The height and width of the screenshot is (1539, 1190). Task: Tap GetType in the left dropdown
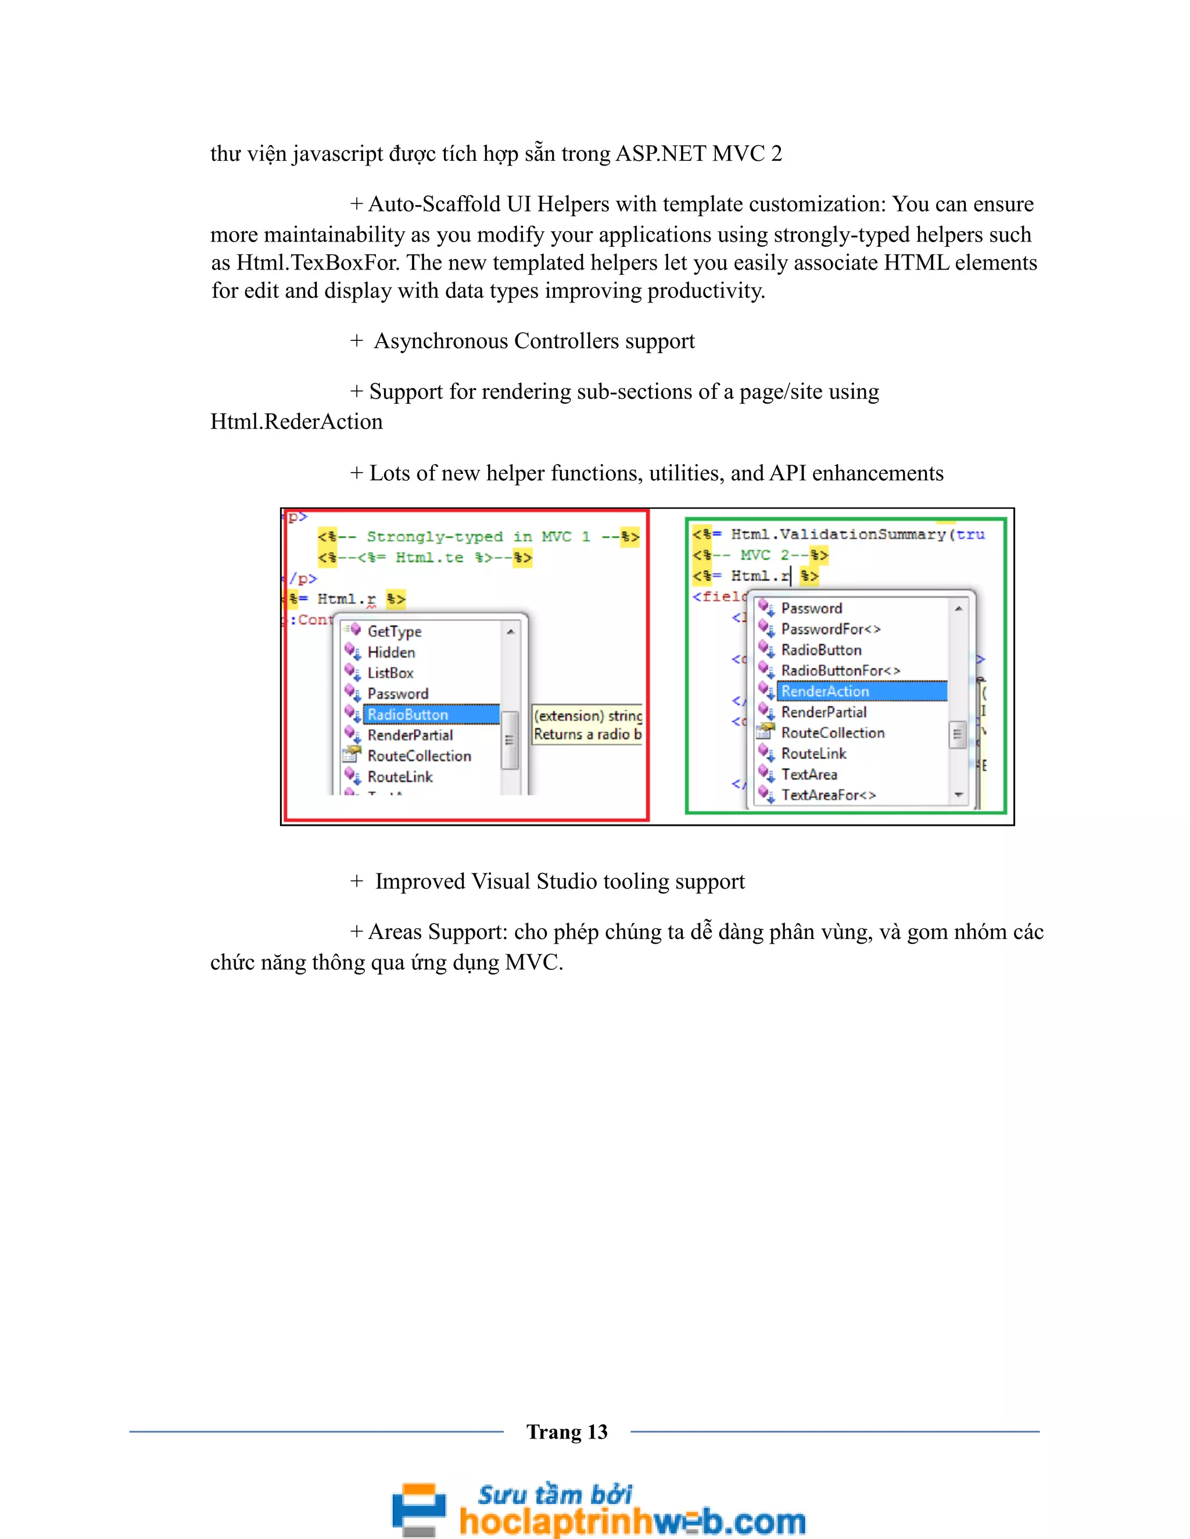(394, 631)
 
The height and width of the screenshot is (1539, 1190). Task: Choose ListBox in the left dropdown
(390, 673)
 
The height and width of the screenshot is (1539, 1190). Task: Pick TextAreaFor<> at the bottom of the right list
(829, 795)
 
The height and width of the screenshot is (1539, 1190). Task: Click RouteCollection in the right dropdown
(832, 733)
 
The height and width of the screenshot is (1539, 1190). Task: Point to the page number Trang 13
(567, 1432)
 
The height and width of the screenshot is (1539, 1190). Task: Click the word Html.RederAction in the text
(297, 422)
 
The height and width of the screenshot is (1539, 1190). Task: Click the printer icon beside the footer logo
(419, 1509)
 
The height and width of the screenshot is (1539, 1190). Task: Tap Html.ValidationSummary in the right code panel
(838, 534)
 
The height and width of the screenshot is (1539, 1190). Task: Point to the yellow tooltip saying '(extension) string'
(587, 716)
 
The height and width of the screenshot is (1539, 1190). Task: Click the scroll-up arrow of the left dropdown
(510, 631)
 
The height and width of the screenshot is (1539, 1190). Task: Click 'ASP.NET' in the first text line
(661, 154)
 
